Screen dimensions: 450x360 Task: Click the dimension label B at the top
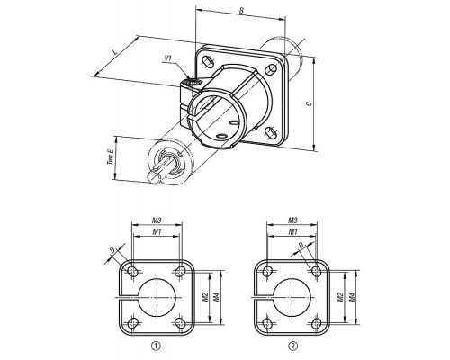point(241,10)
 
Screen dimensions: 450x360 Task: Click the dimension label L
point(114,51)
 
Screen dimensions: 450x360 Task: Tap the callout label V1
point(168,58)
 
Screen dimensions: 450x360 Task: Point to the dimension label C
point(309,103)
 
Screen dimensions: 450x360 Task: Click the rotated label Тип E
point(111,157)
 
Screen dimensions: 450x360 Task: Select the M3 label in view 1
point(157,220)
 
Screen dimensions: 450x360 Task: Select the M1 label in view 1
point(157,231)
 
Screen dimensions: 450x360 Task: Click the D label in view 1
point(112,249)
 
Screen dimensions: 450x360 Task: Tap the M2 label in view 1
point(205,297)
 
